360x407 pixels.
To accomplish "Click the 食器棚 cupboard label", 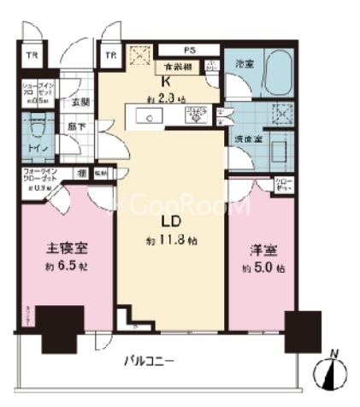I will point(176,67).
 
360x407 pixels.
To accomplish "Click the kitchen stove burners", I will point(197,115).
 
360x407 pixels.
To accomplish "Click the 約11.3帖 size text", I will point(171,241).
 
